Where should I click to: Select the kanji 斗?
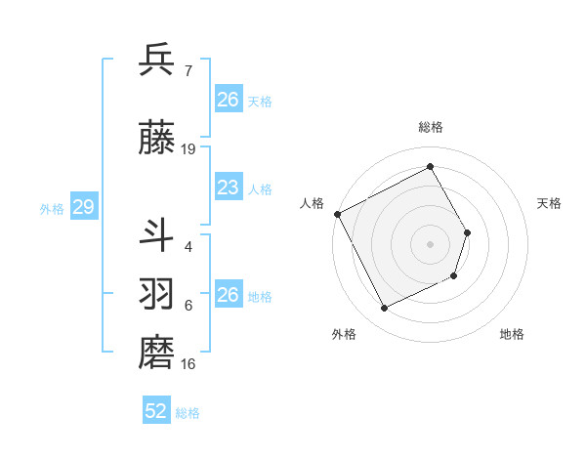[156, 234]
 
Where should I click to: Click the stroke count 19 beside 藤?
[188, 149]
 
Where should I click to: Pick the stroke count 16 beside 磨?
[188, 364]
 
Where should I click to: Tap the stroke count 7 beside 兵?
[188, 70]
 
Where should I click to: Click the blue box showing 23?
[228, 188]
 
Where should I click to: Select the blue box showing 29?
[83, 208]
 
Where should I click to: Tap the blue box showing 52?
[155, 411]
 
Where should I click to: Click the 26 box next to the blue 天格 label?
[228, 100]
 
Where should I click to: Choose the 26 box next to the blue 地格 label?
[228, 295]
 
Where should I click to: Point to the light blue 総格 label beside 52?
[188, 413]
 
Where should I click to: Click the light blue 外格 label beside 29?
[52, 209]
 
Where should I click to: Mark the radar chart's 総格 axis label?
[430, 127]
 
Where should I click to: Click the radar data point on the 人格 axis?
[338, 214]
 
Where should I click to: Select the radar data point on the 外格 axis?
[384, 309]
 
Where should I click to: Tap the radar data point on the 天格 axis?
[468, 232]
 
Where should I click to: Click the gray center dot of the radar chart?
[430, 244]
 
